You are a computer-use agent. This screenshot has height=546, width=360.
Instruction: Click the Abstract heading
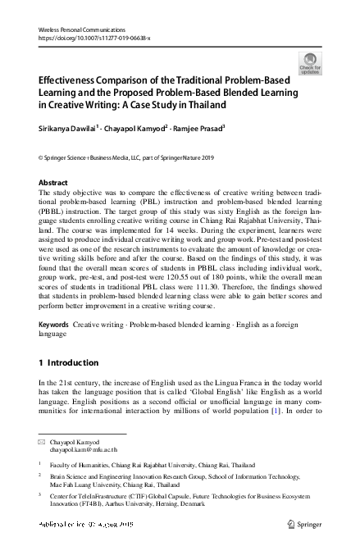coord(54,181)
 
